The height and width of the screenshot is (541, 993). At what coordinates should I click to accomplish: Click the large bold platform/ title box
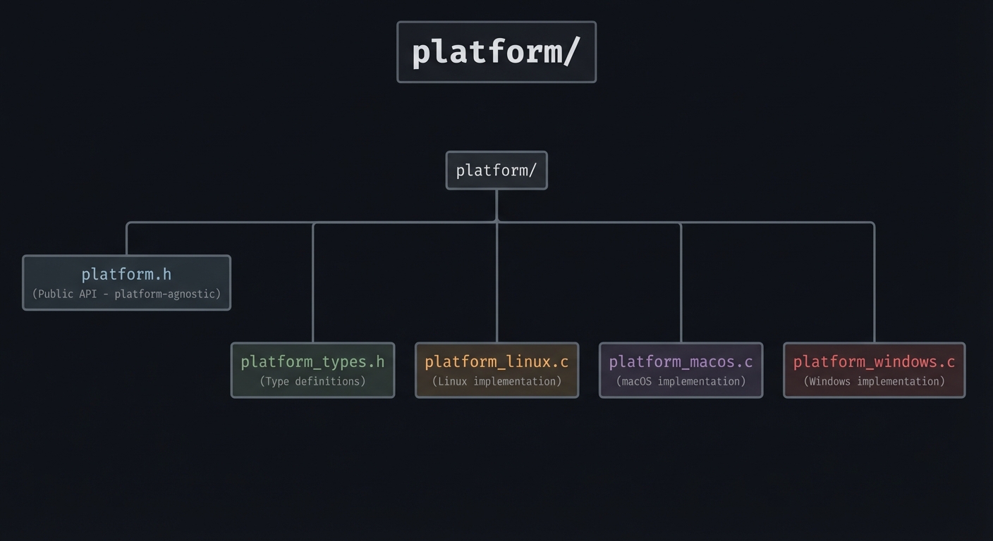[x=496, y=52]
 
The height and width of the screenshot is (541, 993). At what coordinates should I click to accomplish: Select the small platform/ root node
[x=496, y=170]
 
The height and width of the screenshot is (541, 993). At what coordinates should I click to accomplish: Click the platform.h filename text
[x=126, y=274]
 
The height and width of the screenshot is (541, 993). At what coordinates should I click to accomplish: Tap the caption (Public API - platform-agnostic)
[x=126, y=294]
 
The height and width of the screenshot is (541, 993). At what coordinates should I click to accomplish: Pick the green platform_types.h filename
[x=312, y=361]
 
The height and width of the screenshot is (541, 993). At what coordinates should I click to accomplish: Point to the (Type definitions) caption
[x=312, y=381]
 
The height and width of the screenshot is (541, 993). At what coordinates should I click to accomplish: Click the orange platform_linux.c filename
[x=496, y=361]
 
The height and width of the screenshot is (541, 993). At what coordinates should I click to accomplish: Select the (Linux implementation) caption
[x=496, y=381]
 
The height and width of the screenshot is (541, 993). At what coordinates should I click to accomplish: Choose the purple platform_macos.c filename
[x=681, y=361]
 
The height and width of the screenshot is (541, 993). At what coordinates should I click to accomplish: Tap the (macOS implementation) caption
[x=681, y=381]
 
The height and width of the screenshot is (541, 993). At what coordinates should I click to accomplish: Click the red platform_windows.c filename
[x=874, y=361]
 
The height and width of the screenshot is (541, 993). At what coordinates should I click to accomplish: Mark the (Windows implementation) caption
[x=874, y=381]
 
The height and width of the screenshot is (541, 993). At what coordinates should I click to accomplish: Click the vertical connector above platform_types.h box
[x=313, y=282]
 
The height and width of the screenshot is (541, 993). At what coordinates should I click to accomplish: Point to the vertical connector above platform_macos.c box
[x=681, y=282]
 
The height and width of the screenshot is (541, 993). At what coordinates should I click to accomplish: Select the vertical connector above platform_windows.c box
[x=875, y=282]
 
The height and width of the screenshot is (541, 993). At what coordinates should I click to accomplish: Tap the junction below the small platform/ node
[x=496, y=221]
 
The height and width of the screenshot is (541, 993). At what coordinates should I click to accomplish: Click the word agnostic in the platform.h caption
[x=197, y=294]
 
